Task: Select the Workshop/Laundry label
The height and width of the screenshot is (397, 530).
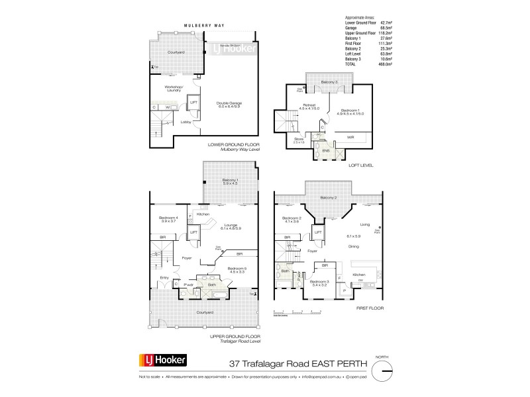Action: [163, 87]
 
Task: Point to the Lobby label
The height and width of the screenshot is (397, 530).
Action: [187, 122]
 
